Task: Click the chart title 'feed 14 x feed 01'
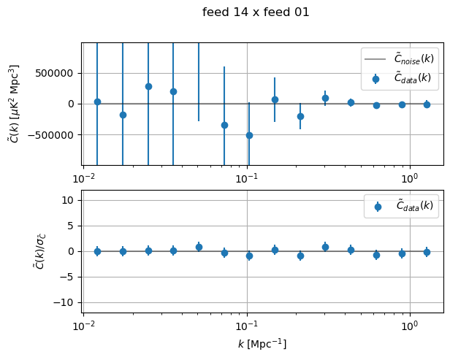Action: tap(256, 12)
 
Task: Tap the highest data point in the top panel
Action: tap(148, 86)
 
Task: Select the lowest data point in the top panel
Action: tap(249, 135)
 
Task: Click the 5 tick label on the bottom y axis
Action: tap(74, 226)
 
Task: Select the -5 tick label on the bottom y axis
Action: tap(72, 277)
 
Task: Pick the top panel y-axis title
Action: tap(14, 103)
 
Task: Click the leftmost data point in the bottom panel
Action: tap(97, 251)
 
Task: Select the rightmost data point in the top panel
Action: tap(427, 104)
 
